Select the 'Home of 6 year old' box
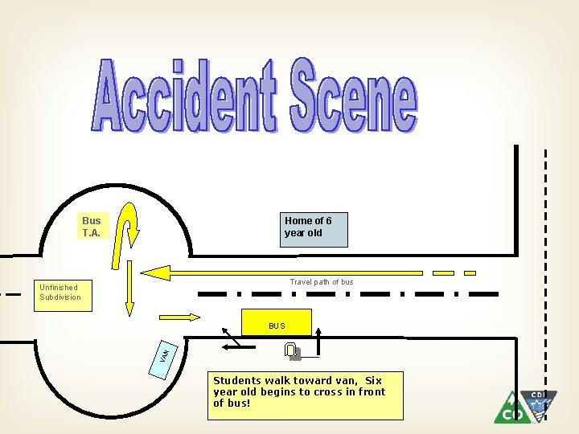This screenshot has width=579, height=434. click(x=314, y=230)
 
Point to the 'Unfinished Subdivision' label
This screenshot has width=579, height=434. click(x=60, y=292)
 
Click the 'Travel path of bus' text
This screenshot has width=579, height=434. click(x=321, y=282)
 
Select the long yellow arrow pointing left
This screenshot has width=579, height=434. click(x=281, y=272)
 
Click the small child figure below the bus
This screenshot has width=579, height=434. click(x=292, y=350)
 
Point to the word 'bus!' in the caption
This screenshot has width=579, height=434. click(x=238, y=403)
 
